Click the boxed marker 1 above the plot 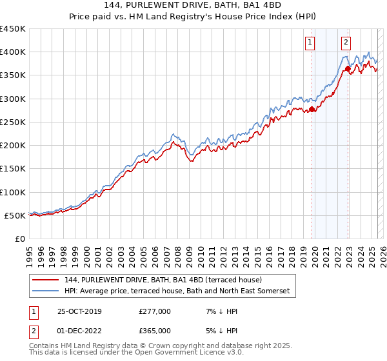tap(310, 43)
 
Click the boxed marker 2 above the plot tap(346, 43)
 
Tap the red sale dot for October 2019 tap(312, 110)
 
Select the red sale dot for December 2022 tap(348, 68)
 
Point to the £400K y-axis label tap(12, 52)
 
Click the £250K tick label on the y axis tap(12, 122)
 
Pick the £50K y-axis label tap(15, 215)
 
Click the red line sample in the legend tap(46, 280)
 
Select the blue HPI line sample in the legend tap(46, 291)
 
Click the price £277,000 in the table tap(155, 311)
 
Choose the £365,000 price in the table tap(155, 331)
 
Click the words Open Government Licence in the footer tap(179, 353)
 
